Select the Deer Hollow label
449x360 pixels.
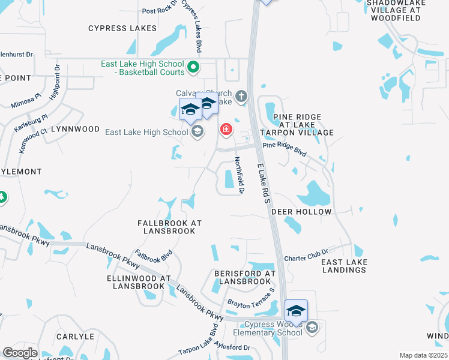301,212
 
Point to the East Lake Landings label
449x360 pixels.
343,266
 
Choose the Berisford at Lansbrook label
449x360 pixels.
244,277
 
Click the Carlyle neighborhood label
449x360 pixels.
76,337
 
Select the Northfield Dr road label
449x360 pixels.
238,175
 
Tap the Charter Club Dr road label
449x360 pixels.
306,254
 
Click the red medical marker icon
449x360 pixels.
226,128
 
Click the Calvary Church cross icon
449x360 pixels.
241,96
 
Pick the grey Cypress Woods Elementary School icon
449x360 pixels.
312,328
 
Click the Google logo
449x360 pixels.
20,353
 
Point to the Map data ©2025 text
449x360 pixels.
423,355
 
